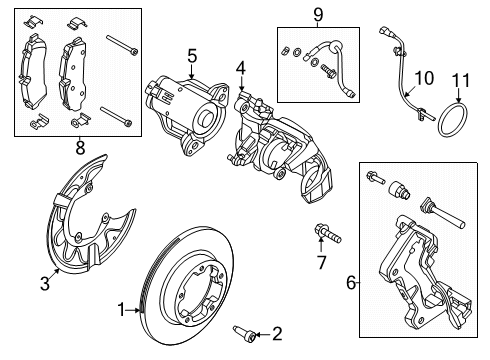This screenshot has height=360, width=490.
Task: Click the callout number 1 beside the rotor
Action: pos(122,311)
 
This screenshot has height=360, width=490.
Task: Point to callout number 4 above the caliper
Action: pos(240,68)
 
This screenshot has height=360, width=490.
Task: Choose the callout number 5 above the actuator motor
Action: pos(192,57)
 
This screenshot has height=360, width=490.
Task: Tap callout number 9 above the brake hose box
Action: pos(318,14)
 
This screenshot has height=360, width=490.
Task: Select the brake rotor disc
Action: pos(190,290)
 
